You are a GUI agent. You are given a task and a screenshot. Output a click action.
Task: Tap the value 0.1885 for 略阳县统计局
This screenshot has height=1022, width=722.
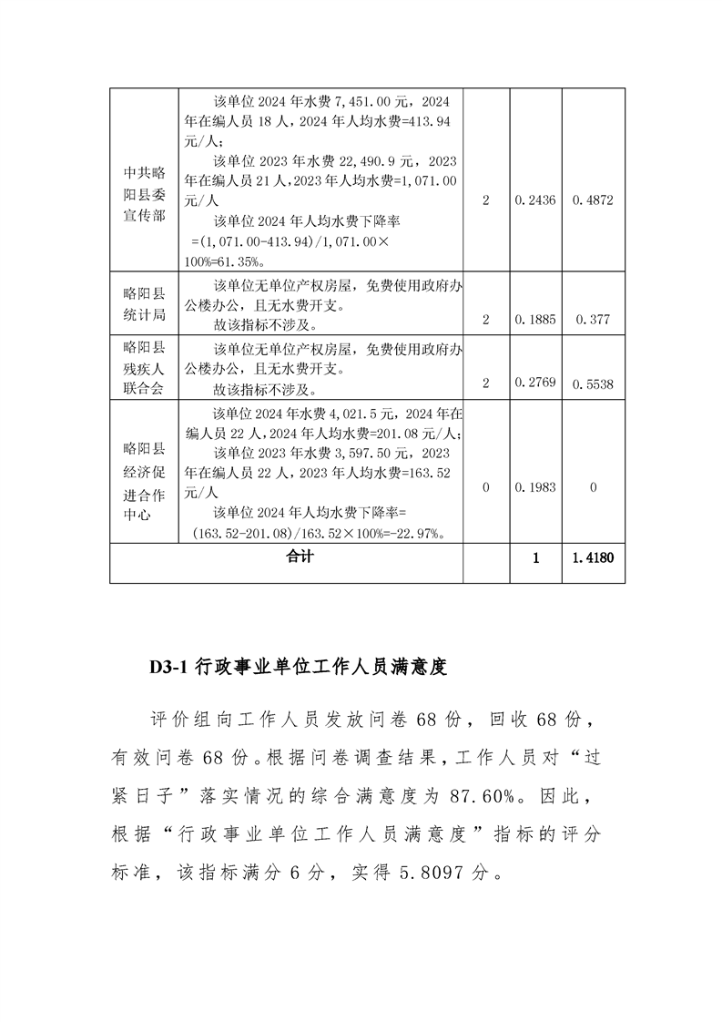[x=536, y=320]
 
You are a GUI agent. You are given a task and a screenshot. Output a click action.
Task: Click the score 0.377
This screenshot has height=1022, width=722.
[x=593, y=320]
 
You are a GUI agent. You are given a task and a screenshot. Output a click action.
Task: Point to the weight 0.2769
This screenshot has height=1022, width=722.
[x=536, y=384]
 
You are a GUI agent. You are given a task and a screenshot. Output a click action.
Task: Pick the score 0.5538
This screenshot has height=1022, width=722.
[x=593, y=384]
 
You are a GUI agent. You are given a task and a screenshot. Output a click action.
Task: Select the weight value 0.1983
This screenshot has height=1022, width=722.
[x=536, y=488]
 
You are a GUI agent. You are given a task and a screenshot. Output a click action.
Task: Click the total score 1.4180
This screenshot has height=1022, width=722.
[x=593, y=557]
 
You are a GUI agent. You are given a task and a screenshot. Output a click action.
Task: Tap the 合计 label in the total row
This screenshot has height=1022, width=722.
[x=299, y=556]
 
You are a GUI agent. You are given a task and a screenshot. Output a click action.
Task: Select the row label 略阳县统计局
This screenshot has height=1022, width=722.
[x=145, y=305]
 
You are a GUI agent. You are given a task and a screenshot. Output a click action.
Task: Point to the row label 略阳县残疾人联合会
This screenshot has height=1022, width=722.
[x=145, y=369]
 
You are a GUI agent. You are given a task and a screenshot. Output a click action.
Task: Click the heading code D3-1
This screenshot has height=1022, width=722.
[x=168, y=668]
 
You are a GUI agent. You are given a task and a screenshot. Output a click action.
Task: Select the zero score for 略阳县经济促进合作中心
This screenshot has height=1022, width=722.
[x=593, y=488]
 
